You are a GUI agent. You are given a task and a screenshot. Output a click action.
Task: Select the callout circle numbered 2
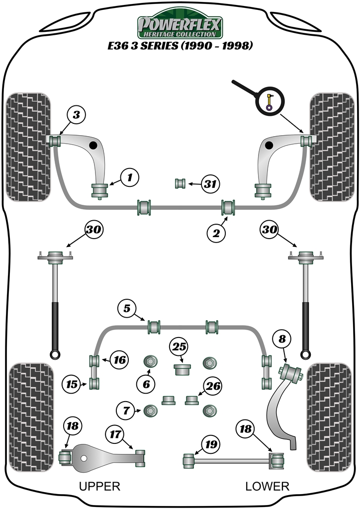[216, 232]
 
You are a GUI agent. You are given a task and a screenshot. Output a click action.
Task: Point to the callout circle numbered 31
[211, 184]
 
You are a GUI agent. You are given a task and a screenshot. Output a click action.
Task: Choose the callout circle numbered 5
[127, 309]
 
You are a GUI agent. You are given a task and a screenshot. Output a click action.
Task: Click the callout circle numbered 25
[179, 346]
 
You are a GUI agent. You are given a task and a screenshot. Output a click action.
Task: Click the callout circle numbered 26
[213, 386]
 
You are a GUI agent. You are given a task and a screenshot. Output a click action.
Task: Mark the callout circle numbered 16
[119, 359]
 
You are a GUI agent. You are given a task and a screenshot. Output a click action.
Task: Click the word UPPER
[99, 486]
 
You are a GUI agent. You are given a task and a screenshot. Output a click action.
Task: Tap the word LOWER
[267, 486]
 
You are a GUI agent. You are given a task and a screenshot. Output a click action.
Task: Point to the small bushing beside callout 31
[180, 183]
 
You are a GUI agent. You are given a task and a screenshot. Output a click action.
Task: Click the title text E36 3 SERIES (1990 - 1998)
[180, 46]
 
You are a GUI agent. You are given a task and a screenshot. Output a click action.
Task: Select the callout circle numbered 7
[126, 411]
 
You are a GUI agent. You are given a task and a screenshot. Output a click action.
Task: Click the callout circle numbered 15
[72, 384]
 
